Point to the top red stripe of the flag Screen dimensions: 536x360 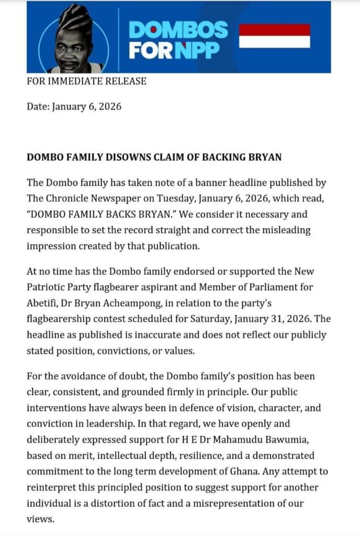coord(274,29)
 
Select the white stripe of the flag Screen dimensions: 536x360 coord(274,41)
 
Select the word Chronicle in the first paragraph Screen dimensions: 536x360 coord(65,197)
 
